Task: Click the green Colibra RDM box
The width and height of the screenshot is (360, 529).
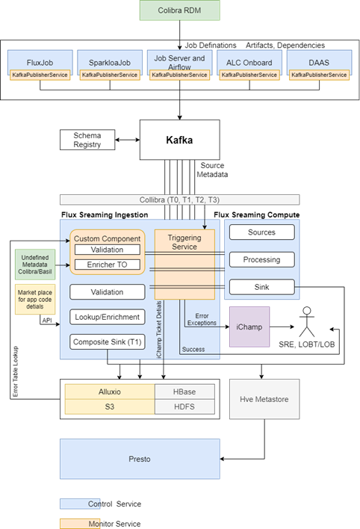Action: (x=180, y=11)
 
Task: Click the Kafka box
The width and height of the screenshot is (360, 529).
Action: (x=179, y=140)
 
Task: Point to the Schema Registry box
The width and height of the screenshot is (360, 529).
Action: (x=87, y=140)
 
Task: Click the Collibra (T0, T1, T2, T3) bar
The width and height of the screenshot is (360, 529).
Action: (x=179, y=199)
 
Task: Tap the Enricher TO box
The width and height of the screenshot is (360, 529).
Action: (x=108, y=264)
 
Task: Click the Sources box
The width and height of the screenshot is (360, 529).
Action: (x=261, y=232)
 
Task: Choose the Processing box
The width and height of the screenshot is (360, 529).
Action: (x=261, y=260)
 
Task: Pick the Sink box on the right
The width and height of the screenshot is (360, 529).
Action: (x=261, y=287)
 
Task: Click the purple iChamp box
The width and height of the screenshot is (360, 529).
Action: (x=249, y=327)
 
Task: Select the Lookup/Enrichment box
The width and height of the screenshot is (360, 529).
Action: (x=108, y=317)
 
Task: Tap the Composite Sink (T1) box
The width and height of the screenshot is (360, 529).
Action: (x=108, y=342)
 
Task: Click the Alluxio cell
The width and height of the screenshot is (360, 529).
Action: (x=109, y=391)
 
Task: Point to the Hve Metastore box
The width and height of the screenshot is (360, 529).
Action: (x=263, y=398)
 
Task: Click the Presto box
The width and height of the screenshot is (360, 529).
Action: (x=140, y=459)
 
